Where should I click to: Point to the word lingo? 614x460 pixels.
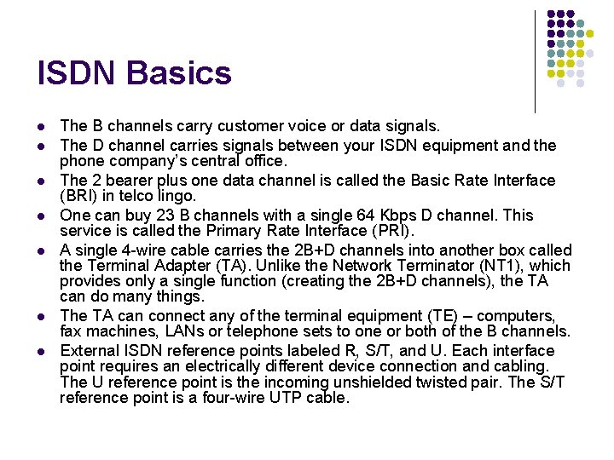point(173,195)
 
